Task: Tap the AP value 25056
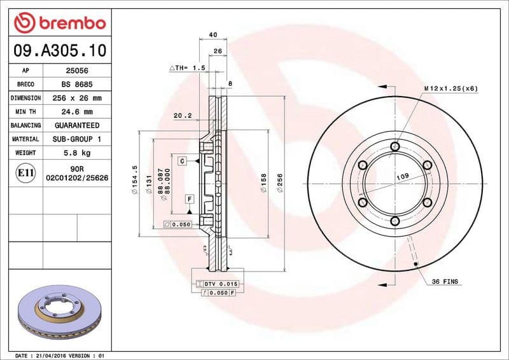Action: click(77, 71)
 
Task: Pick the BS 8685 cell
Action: click(77, 85)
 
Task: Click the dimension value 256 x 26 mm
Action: click(77, 99)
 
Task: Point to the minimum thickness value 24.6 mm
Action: click(77, 112)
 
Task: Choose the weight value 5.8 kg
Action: click(77, 153)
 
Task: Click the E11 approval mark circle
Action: click(25, 173)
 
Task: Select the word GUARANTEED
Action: click(77, 125)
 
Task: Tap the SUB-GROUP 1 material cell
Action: click(77, 139)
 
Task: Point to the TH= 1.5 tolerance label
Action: click(188, 67)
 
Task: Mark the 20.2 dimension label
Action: click(183, 116)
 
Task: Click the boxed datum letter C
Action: click(182, 162)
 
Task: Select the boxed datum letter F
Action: click(189, 199)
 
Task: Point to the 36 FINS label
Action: click(445, 281)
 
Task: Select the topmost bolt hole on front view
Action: click(394, 148)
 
